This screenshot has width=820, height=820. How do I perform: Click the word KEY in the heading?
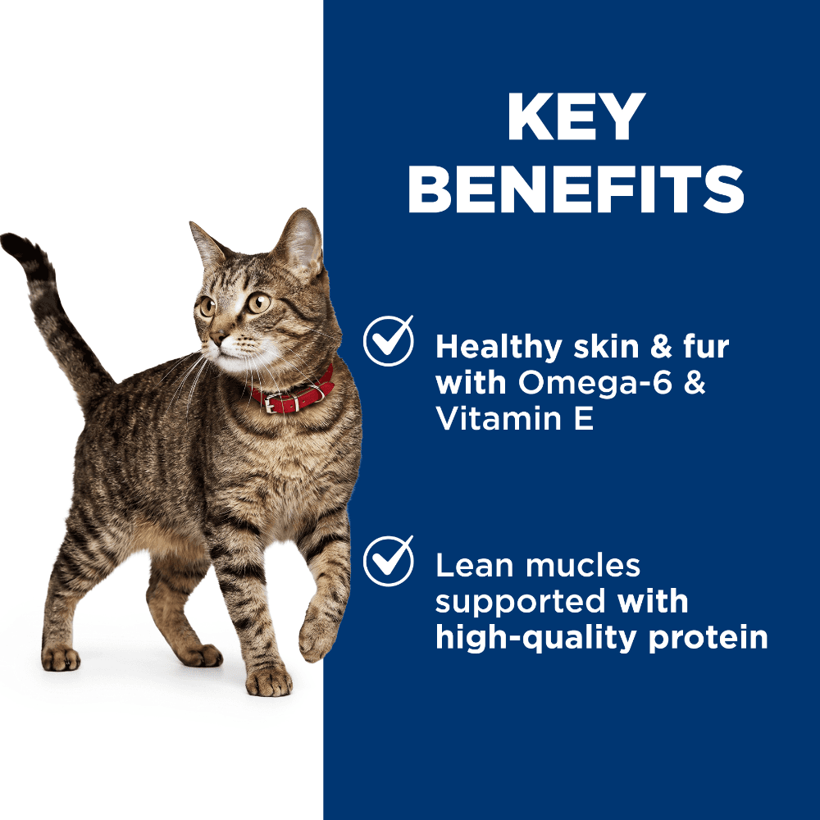(576, 117)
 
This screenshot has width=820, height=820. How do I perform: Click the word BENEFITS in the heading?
(576, 189)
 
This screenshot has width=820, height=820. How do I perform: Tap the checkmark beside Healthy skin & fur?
(388, 340)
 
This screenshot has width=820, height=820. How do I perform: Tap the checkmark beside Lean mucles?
(388, 561)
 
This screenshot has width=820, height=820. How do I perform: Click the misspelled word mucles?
(582, 566)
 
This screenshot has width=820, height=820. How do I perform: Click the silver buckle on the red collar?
(271, 403)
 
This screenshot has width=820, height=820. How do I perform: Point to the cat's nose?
(216, 337)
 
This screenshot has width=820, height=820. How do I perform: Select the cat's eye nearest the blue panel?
(259, 303)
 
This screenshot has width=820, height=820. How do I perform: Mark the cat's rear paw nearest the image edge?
(61, 658)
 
